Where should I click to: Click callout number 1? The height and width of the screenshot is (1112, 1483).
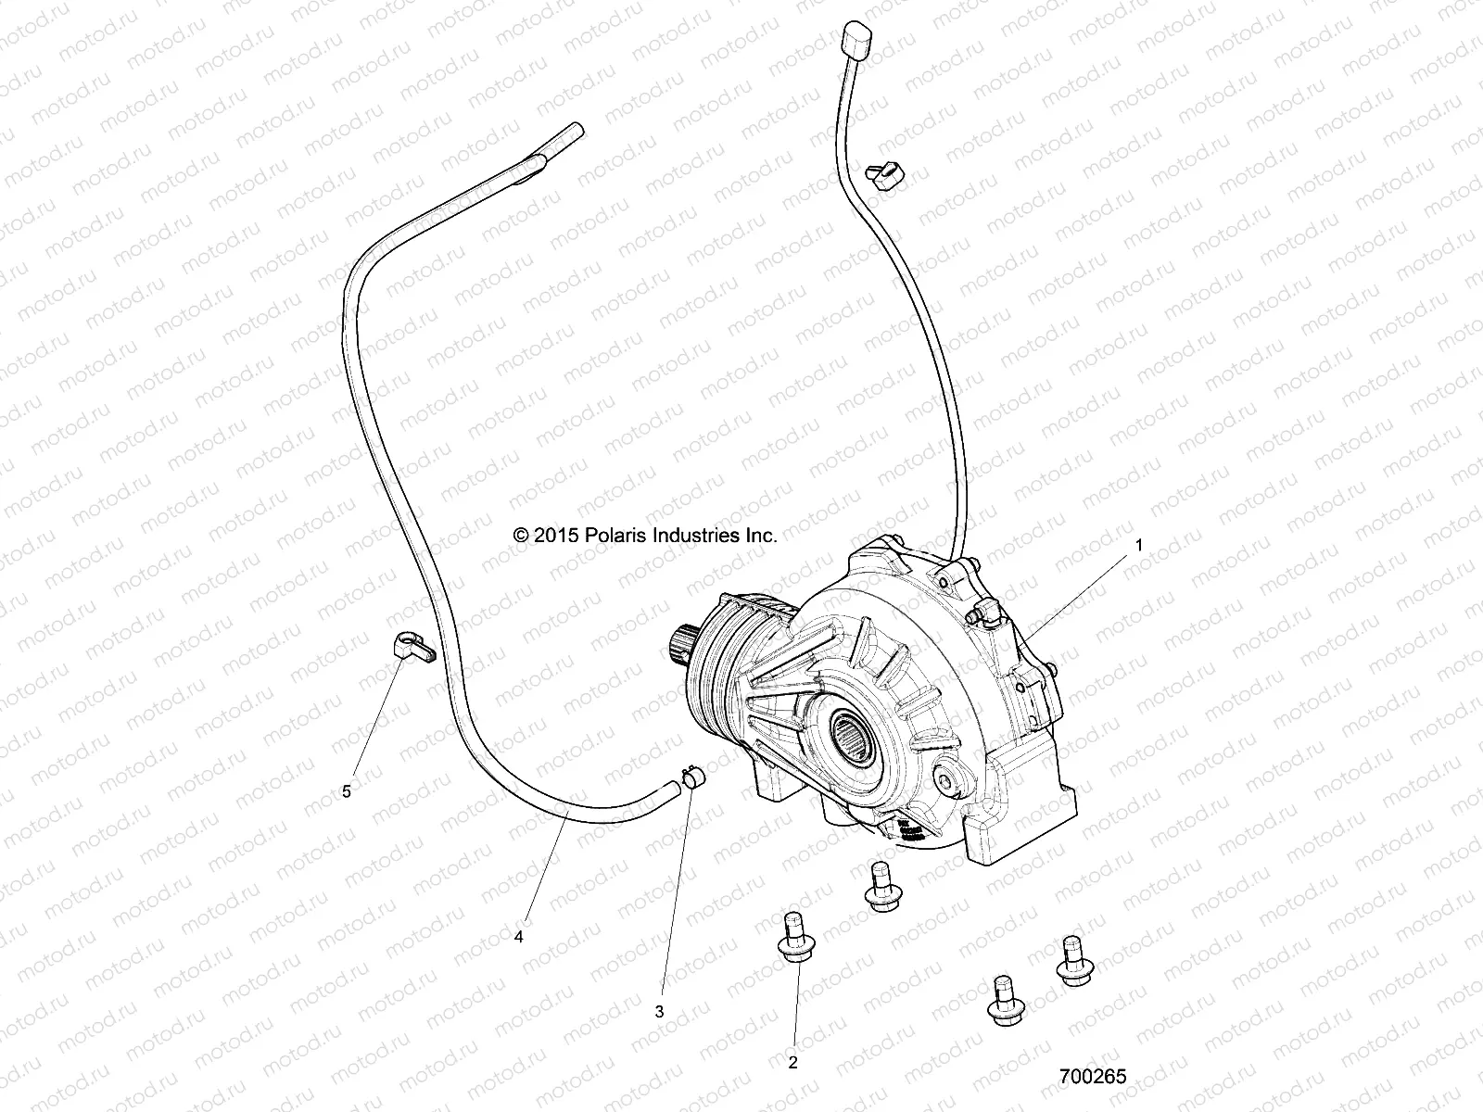tap(1139, 547)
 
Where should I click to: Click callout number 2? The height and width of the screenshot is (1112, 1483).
tap(792, 1063)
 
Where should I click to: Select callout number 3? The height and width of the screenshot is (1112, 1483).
tap(660, 1012)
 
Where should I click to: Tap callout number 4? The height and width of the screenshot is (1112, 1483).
tap(519, 937)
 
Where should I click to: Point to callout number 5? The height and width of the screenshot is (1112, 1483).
tap(347, 791)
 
